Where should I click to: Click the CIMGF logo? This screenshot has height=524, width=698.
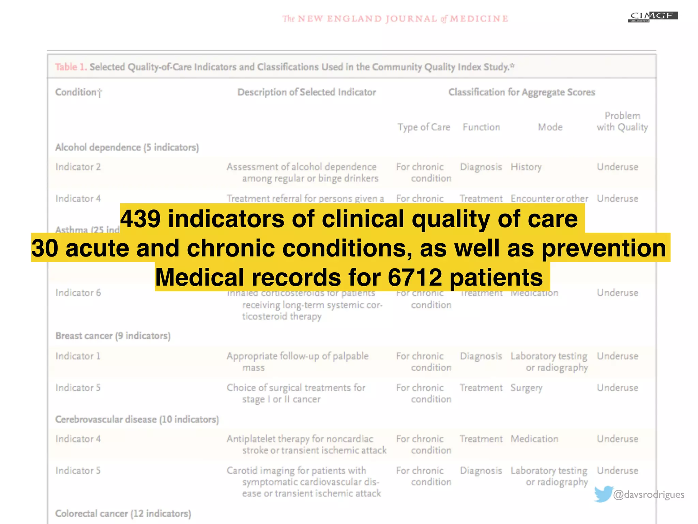click(653, 16)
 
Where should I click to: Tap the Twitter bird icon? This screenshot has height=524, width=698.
click(603, 494)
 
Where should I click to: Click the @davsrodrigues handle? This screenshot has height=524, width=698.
click(649, 495)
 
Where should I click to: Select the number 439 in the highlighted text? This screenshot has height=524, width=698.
click(140, 219)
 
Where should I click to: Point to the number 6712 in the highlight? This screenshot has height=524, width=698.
click(415, 277)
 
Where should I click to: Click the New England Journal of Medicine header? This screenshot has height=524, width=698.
click(395, 18)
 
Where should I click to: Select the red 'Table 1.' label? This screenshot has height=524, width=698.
click(71, 67)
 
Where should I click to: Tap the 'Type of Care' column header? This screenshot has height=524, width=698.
click(424, 127)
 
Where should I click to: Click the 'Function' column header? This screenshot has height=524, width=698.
click(481, 127)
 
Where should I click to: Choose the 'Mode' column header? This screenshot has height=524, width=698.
click(550, 127)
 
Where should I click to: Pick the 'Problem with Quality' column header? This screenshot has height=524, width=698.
click(622, 121)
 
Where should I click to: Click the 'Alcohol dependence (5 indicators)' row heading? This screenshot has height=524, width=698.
click(127, 147)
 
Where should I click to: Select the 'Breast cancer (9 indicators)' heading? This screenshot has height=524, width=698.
click(113, 336)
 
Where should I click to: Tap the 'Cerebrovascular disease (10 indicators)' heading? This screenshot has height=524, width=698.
click(137, 419)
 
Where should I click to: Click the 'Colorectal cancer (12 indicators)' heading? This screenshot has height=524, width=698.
click(123, 513)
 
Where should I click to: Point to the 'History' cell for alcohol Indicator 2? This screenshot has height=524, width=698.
click(526, 167)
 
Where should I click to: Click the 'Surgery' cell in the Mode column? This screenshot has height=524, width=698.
click(526, 388)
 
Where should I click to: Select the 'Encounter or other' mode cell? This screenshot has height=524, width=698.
click(549, 199)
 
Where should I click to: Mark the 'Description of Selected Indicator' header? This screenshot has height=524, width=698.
click(306, 92)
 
